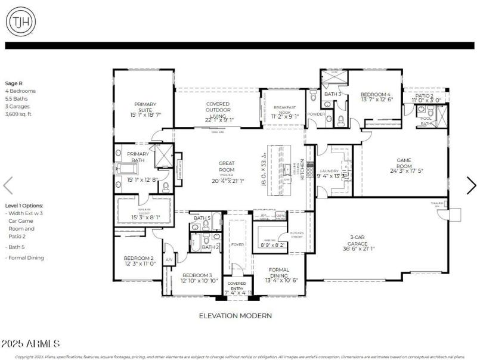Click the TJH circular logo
(x=20, y=21)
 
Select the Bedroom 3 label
(x=195, y=278)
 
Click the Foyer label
(x=237, y=244)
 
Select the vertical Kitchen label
(x=302, y=170)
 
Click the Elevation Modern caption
(x=235, y=315)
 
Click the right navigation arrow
(x=470, y=185)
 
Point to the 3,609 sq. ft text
(x=18, y=114)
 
